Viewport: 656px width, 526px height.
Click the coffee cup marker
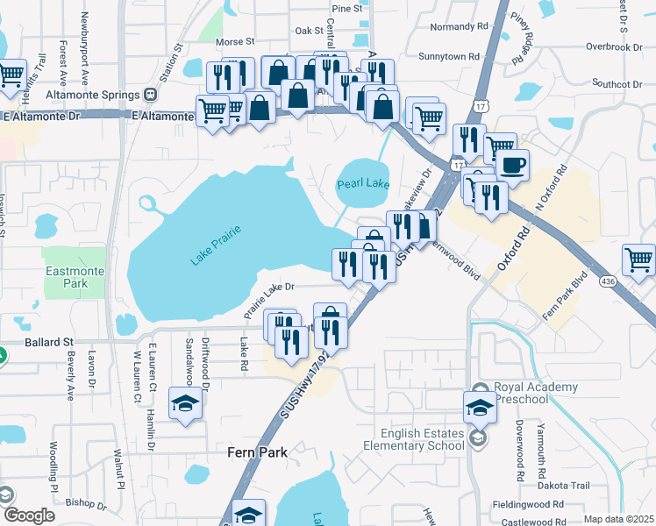coord(512,164)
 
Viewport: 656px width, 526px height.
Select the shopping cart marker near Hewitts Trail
coord(11,76)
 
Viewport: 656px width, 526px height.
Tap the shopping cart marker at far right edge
coord(638,259)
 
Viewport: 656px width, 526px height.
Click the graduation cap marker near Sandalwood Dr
coord(185,403)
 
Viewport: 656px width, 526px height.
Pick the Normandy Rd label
coord(454,26)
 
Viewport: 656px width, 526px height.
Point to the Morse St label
coord(234,41)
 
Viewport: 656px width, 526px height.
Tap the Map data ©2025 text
coord(617,519)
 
